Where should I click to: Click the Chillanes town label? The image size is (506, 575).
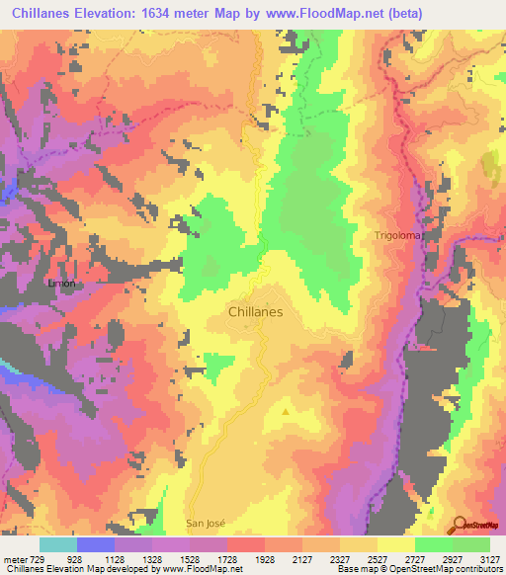tap(256, 310)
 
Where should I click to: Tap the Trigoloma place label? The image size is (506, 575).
tap(397, 235)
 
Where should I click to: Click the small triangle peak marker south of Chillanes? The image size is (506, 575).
tap(287, 411)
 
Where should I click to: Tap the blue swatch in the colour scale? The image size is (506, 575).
tap(95, 544)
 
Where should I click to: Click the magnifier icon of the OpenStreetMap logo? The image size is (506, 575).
tap(460, 525)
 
